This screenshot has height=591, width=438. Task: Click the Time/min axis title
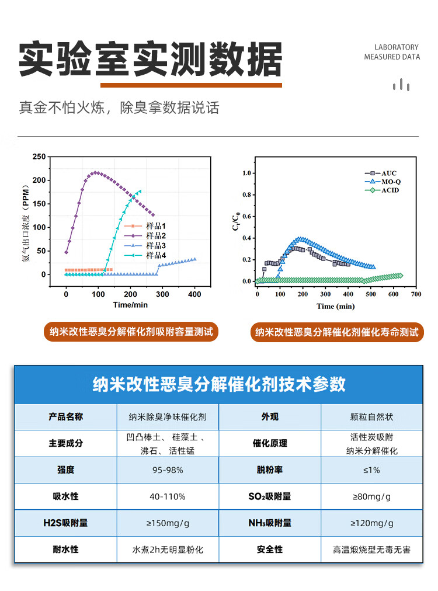[130, 305]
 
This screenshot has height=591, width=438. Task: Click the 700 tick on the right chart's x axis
[415, 294]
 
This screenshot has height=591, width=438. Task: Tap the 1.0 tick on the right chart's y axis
[246, 173]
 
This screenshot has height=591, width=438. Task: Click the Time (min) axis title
[335, 306]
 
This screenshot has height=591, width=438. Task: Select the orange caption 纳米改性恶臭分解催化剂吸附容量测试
[131, 332]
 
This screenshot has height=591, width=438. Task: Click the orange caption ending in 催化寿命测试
[336, 332]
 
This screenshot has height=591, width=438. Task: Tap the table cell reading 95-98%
[168, 470]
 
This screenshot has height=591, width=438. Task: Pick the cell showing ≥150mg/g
[168, 523]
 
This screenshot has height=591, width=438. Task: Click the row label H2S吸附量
[65, 523]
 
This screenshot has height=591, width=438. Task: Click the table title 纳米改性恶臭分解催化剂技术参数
[219, 384]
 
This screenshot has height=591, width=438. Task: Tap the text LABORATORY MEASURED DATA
[392, 52]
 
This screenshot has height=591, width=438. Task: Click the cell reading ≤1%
[371, 470]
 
